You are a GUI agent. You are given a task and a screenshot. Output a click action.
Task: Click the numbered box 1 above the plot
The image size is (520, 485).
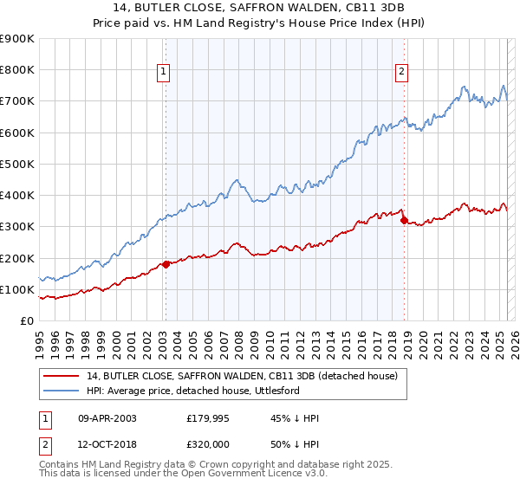click(x=165, y=73)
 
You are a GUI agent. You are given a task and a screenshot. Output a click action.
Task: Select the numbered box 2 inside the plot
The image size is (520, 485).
click(x=402, y=73)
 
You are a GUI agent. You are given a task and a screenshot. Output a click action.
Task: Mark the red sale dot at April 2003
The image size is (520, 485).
click(x=166, y=264)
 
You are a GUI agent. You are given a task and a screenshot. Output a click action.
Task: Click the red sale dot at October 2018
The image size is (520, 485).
click(x=404, y=220)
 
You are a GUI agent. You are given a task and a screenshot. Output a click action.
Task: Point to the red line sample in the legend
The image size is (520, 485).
click(x=62, y=376)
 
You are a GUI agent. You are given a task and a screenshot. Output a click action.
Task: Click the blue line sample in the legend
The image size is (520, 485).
click(x=62, y=391)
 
